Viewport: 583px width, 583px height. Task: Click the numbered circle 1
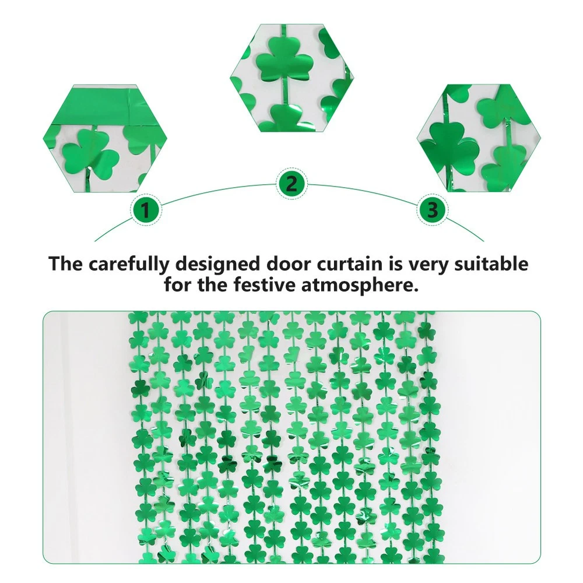tap(146, 210)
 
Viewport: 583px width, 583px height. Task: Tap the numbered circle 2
tap(292, 183)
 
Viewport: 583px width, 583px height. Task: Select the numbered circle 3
tap(433, 210)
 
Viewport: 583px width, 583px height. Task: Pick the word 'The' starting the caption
tap(66, 264)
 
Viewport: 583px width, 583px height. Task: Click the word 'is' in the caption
tap(396, 264)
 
